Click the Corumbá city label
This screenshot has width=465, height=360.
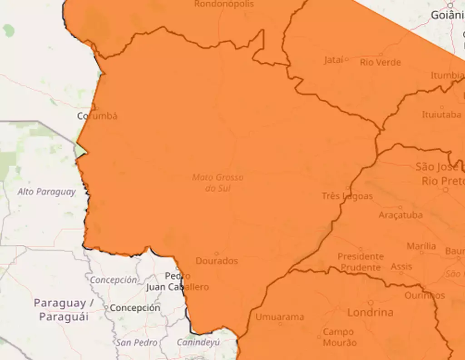[97, 116]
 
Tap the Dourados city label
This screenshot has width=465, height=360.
[217, 261]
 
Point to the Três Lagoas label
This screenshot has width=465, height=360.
[347, 196]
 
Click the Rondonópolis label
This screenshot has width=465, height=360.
[224, 4]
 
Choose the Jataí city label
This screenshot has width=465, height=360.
[334, 60]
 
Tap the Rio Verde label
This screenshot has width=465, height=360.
[381, 62]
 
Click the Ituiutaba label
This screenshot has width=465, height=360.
[441, 115]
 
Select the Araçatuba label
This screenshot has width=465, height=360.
[401, 215]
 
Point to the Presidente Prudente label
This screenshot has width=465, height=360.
[361, 262]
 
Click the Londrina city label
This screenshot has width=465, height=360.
[370, 313]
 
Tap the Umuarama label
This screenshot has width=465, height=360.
[279, 317]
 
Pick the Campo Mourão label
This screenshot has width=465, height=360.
[340, 338]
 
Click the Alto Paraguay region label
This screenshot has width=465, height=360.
[47, 192]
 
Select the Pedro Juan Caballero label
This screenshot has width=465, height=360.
[178, 281]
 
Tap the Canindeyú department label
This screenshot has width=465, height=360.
[198, 342]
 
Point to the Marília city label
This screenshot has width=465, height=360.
[421, 246]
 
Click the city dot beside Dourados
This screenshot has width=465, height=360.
[216, 254]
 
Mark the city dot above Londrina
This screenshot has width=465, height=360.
[371, 303]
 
